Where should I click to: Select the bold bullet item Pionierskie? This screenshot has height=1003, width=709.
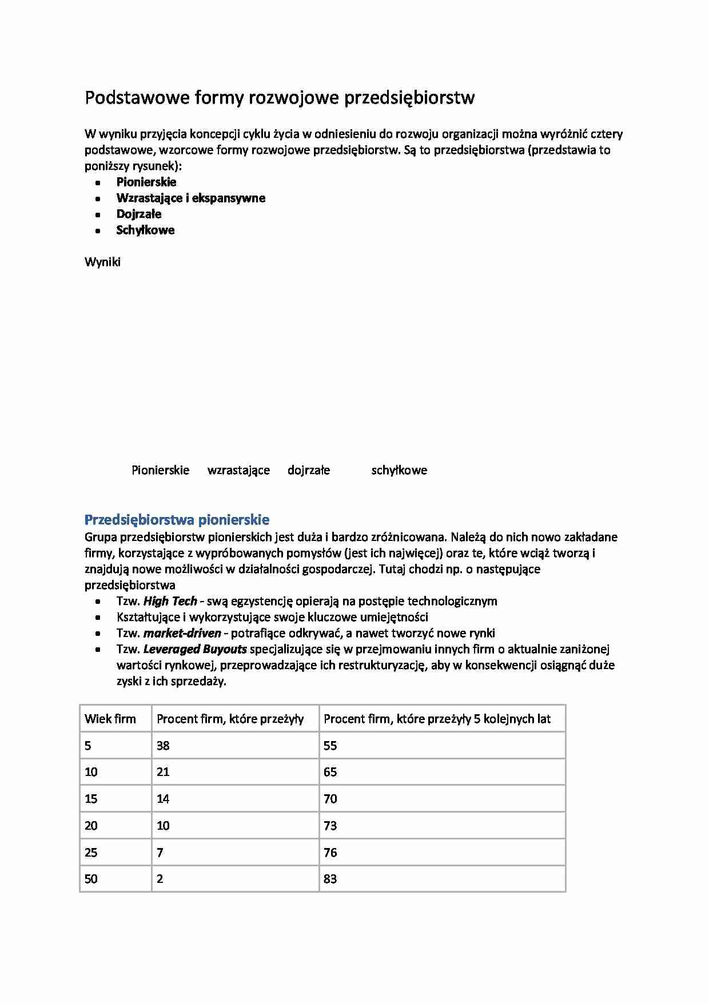146,182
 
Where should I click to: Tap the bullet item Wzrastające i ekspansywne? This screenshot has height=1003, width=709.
190,198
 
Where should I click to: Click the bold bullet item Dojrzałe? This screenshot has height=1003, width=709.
139,214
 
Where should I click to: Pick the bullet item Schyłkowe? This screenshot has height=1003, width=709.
145,230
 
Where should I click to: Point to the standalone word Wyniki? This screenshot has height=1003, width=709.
102,262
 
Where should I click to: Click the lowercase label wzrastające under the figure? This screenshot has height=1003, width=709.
238,470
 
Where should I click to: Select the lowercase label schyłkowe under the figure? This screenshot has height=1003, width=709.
399,470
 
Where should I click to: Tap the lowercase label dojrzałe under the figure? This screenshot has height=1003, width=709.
309,470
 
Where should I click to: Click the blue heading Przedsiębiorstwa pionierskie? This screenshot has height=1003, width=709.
177,519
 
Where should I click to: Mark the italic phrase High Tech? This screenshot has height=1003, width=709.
170,601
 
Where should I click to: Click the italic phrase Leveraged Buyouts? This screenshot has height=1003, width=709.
195,649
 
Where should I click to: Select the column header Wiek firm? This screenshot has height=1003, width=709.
110,719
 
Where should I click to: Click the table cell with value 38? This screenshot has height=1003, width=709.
163,746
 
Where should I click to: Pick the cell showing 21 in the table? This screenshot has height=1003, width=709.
163,772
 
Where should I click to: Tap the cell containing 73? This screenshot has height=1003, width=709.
330,826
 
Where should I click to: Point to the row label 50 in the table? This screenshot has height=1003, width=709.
91,879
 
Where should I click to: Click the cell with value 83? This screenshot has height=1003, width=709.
330,879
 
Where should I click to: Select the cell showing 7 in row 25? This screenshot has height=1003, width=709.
160,853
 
